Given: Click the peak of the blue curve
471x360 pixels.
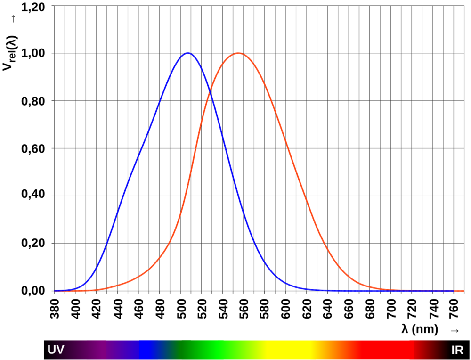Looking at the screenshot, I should click(188, 53).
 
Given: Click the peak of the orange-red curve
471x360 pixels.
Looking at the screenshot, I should click(238, 53).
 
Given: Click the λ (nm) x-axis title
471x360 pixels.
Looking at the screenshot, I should click(420, 330).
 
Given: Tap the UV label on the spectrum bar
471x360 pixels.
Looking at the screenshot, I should click(56, 350).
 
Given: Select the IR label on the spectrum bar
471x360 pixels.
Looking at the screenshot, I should click(457, 350).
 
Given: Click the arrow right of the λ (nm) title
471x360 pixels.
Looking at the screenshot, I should click(455, 330).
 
